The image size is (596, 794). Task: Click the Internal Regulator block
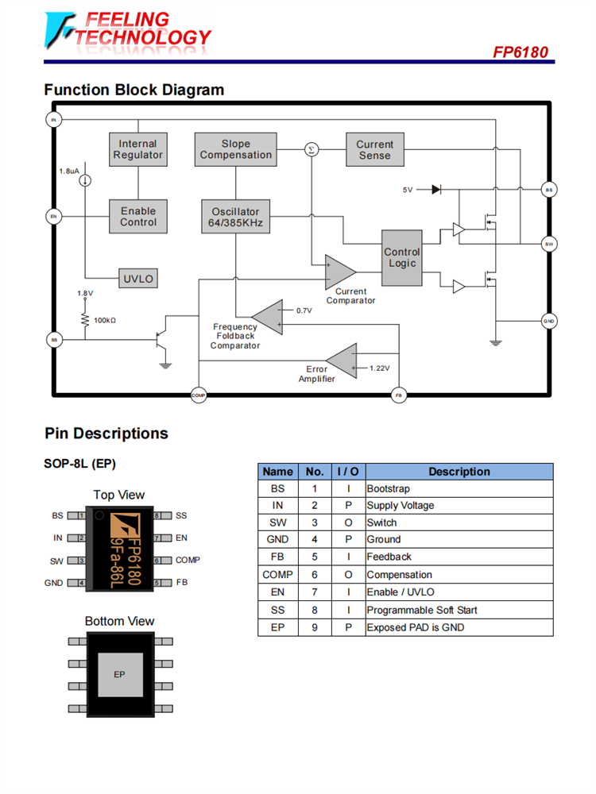point(138,150)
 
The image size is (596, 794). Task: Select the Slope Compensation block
point(235,150)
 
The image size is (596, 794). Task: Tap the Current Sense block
point(374,150)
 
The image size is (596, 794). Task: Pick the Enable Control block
point(138,216)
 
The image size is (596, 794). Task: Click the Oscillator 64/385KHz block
point(235,217)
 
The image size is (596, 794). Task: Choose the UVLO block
point(137,279)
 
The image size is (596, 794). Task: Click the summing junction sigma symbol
point(312,149)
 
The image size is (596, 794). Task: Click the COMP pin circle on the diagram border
point(199,395)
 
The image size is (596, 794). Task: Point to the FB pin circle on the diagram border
point(399,395)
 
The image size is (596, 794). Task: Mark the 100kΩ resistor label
point(105,320)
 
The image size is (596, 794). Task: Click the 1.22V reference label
point(379,368)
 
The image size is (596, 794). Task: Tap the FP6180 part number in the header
point(520,52)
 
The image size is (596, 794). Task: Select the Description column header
point(459,472)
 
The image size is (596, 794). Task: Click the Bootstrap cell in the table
point(389,489)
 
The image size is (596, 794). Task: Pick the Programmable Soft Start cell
point(421,610)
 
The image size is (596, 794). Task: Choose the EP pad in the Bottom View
point(120,675)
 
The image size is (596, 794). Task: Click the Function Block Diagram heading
point(134,90)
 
